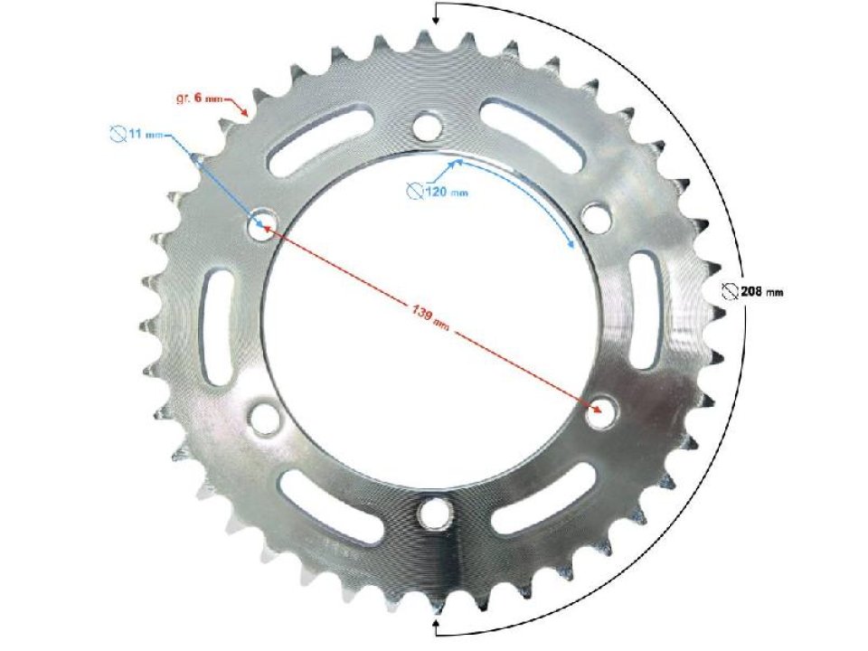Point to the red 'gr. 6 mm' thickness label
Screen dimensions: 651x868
click(x=198, y=97)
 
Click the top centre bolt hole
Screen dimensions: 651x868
click(x=428, y=123)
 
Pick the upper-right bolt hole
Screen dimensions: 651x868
click(x=594, y=218)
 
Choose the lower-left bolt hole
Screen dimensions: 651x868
click(x=264, y=418)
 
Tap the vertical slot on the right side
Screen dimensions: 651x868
click(x=644, y=310)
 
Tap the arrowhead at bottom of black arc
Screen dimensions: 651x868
click(x=437, y=624)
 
